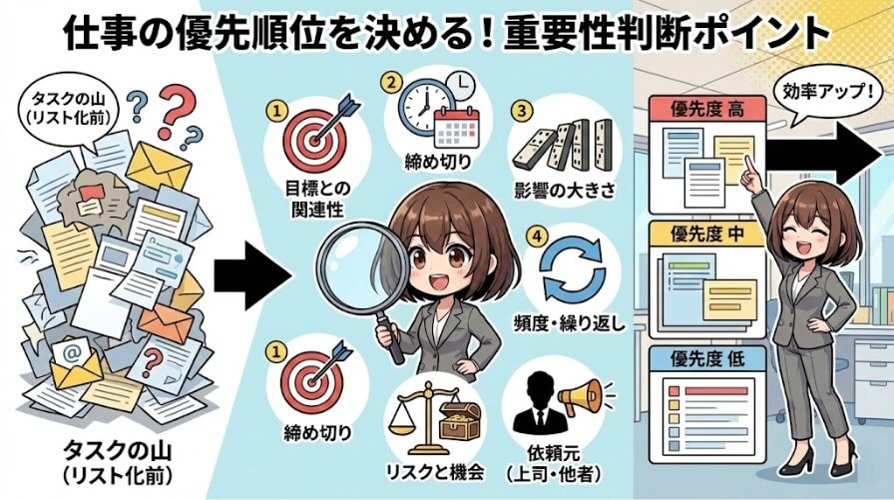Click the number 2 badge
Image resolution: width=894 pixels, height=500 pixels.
point(392,81)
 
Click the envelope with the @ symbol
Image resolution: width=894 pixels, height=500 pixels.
point(75,359)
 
